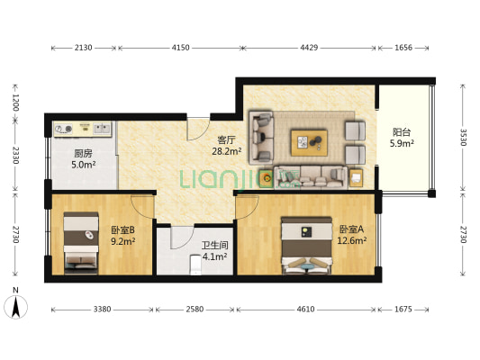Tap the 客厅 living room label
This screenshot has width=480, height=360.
226,140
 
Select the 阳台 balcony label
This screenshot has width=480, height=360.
402,130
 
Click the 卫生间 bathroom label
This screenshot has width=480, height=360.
213,245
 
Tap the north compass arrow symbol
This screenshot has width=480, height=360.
16,307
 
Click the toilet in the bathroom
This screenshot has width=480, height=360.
195,264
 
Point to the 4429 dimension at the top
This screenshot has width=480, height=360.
309,47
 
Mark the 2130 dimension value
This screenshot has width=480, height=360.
84,47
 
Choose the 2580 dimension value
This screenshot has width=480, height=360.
195,309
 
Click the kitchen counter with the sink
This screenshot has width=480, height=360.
82,129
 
